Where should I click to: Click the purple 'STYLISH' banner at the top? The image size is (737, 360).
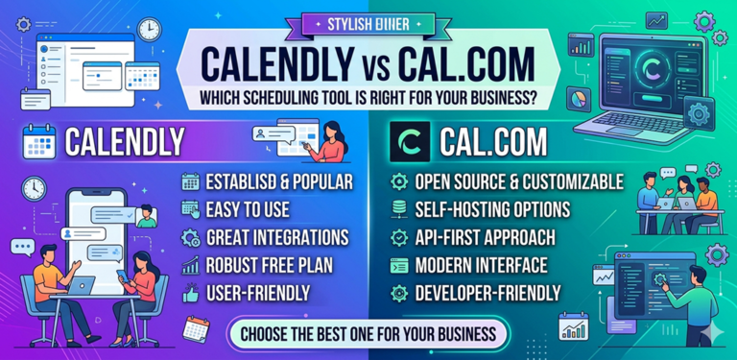(x=368, y=21)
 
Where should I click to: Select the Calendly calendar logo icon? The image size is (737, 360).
(x=39, y=142)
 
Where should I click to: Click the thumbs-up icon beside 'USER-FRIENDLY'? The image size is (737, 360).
(x=190, y=292)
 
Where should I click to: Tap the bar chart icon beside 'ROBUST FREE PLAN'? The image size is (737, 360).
(x=190, y=264)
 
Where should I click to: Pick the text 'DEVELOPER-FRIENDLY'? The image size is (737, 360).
(x=488, y=292)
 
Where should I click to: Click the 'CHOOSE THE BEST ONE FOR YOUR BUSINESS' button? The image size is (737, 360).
(x=368, y=335)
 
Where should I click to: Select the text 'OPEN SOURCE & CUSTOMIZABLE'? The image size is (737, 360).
(x=519, y=181)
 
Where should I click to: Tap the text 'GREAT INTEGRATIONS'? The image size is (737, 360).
(x=276, y=236)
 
